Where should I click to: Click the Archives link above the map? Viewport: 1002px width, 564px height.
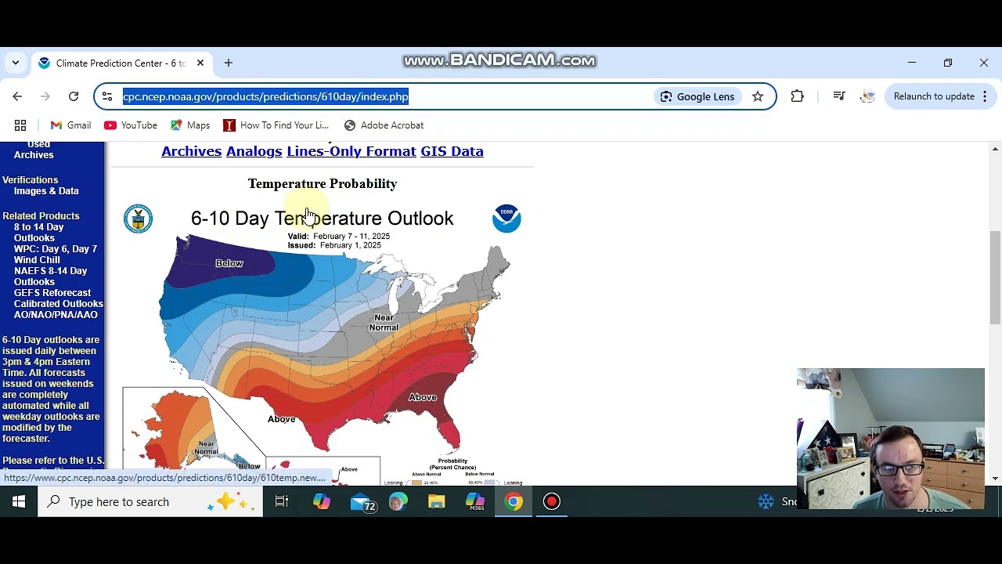click(x=191, y=151)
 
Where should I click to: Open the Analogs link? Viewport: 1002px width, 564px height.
click(x=254, y=151)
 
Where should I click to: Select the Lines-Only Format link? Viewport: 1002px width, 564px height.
click(x=351, y=151)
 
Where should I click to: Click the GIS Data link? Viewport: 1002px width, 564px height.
click(x=452, y=151)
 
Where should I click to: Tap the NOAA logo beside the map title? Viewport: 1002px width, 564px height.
click(x=506, y=219)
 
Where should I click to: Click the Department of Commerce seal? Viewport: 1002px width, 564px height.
click(x=139, y=219)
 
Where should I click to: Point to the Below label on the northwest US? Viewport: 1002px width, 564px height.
click(x=229, y=263)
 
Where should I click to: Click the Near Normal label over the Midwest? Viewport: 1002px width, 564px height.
click(x=384, y=322)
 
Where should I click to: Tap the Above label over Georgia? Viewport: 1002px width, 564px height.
click(x=423, y=397)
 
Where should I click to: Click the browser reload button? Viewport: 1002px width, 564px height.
click(x=74, y=96)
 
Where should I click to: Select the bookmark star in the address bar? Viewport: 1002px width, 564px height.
click(x=758, y=96)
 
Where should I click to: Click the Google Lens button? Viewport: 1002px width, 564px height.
click(x=697, y=96)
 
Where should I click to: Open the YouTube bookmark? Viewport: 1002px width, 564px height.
click(x=131, y=125)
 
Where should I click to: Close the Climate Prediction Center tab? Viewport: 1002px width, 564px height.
click(x=200, y=63)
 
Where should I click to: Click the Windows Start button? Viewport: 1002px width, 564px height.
click(x=19, y=501)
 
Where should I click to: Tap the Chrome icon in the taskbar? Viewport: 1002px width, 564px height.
click(x=514, y=501)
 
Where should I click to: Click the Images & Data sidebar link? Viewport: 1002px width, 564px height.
click(x=46, y=191)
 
